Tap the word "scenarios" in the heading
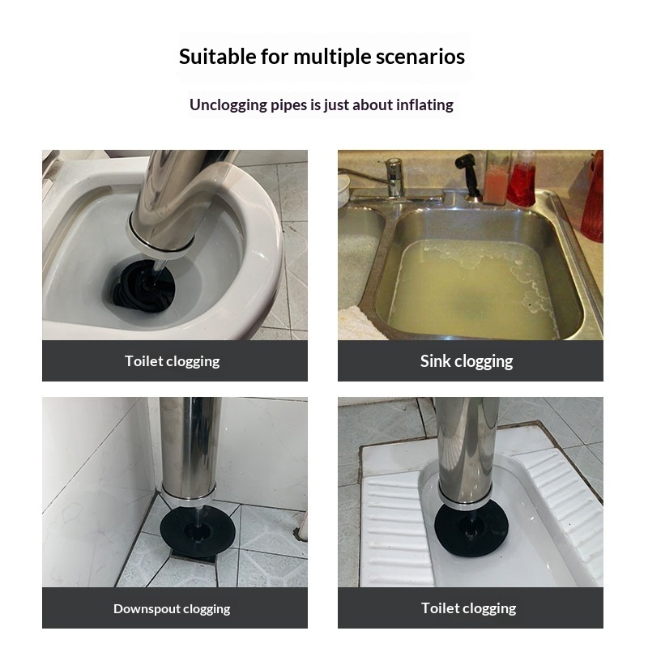[x=420, y=57]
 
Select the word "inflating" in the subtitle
[x=424, y=105]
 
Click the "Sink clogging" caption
[x=467, y=361]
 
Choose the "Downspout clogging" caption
[x=172, y=609]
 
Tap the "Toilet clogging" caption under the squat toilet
[x=469, y=608]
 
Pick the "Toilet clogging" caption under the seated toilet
[x=173, y=361]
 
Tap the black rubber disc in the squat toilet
[x=471, y=529]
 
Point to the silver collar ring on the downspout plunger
[x=189, y=493]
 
